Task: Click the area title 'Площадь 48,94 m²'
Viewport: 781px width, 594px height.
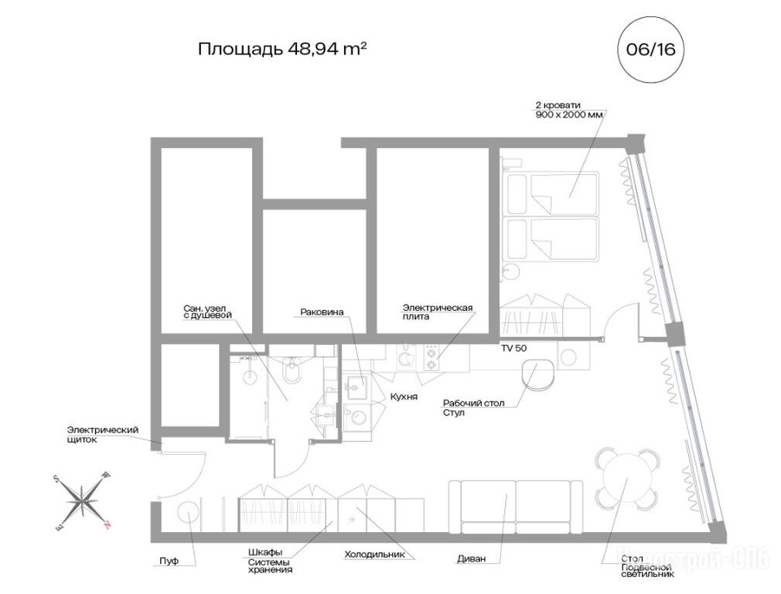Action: tap(282, 49)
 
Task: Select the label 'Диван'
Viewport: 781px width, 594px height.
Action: tap(471, 559)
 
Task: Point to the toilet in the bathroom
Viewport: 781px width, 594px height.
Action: tap(292, 370)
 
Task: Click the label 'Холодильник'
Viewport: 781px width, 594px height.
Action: tap(374, 554)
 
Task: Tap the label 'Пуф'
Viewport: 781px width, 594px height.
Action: tap(169, 561)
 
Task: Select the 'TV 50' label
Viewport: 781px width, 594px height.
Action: tap(513, 348)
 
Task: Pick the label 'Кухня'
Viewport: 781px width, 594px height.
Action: tap(404, 397)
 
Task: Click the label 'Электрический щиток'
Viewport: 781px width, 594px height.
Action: tap(103, 435)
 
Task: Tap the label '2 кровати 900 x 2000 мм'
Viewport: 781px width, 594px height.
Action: tap(569, 110)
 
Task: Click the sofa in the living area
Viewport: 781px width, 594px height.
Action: tap(516, 507)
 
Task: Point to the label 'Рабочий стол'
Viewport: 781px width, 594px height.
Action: tap(474, 403)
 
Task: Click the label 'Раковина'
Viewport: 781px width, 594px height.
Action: tap(322, 312)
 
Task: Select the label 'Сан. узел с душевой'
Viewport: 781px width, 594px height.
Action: tap(207, 312)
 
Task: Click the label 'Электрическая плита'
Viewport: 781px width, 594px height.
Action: tap(438, 312)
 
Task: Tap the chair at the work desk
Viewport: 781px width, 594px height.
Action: tap(538, 375)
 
